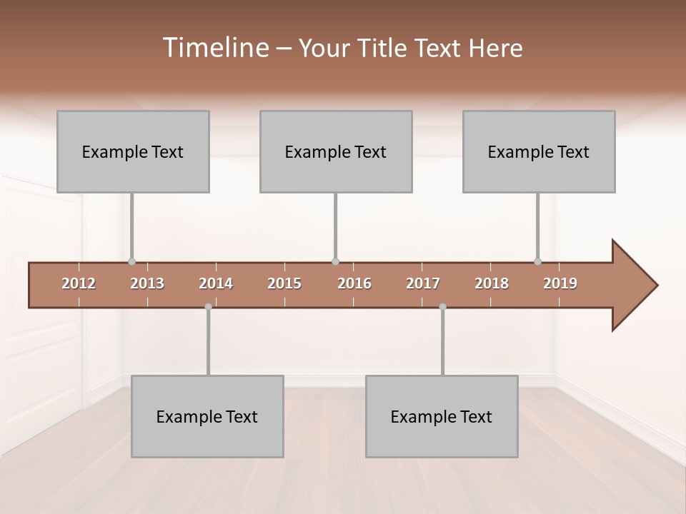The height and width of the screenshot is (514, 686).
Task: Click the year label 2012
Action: pos(79,283)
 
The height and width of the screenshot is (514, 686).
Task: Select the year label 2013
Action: pos(147,283)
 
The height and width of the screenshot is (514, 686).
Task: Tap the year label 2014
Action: pos(216,283)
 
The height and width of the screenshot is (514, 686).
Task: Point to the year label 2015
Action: pos(284,283)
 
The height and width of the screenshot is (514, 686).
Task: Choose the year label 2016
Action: pos(354,283)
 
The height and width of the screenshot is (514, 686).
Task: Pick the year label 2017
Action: pos(423,283)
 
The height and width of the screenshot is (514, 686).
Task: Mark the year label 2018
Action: pos(492,283)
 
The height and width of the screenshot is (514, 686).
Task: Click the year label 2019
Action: pos(560,283)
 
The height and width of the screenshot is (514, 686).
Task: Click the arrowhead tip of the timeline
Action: pos(656,286)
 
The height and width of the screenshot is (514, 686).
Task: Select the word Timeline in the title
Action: pos(214,48)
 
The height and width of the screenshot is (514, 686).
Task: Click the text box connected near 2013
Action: pos(133,151)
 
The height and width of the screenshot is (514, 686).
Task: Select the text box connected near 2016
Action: pos(336,151)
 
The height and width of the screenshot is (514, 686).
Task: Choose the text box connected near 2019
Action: pos(539,151)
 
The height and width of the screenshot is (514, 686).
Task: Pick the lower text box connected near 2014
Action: pos(207,416)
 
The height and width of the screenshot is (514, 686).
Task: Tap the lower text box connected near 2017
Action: pos(442,416)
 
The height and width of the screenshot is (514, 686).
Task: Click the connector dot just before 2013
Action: pos(131,261)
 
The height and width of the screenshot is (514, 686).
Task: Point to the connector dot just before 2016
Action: pos(335,261)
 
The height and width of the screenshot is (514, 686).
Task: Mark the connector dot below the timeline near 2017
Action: pos(442,307)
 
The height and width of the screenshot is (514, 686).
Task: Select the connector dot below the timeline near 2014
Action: pos(208,307)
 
